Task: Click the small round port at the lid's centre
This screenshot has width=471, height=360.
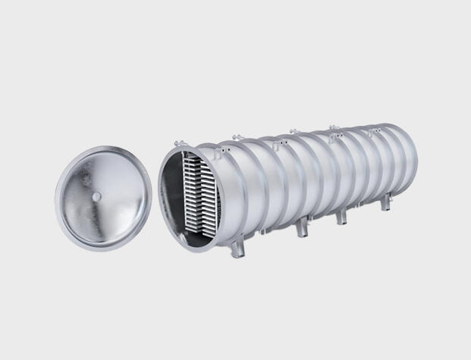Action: [x=97, y=196]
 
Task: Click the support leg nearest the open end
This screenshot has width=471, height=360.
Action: [x=240, y=246]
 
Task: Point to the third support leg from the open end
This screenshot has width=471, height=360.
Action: [x=341, y=216]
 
